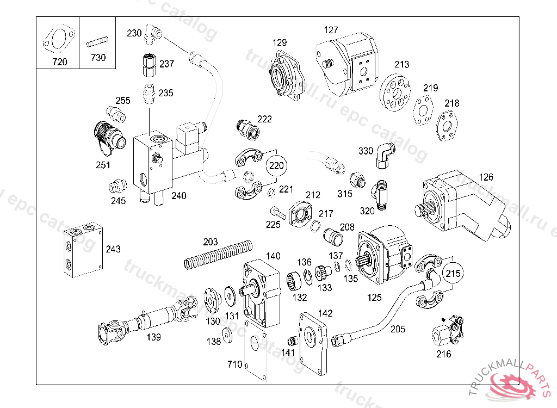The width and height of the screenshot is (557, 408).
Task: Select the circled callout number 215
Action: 453,274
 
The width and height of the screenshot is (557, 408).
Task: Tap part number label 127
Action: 331,30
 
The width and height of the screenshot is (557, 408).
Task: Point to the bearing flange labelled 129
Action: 287,76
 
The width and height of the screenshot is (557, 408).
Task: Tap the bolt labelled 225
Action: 276,212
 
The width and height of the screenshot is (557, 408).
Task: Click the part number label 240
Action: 179,196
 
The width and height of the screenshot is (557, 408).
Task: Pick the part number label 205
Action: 398,329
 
